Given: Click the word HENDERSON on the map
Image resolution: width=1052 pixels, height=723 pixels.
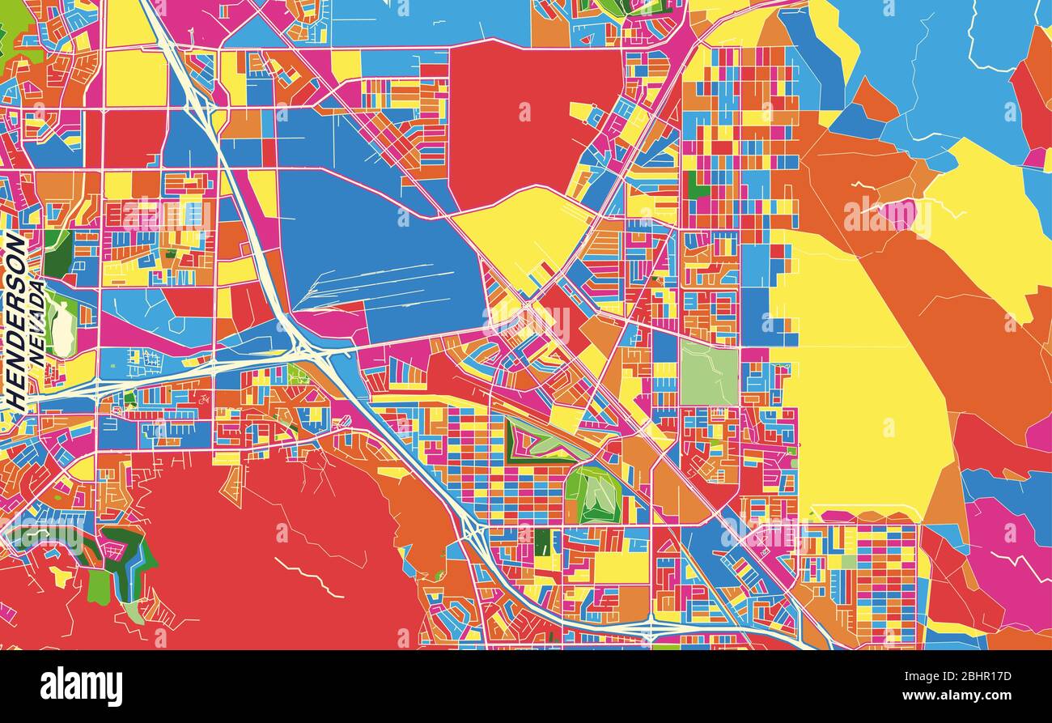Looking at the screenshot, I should [x=15, y=321].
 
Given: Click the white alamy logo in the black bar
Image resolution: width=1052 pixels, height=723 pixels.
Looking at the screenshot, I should [x=81, y=687].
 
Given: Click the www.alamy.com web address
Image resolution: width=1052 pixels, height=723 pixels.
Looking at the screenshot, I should [x=952, y=695].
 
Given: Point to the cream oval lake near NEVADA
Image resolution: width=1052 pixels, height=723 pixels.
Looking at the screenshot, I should [x=60, y=329].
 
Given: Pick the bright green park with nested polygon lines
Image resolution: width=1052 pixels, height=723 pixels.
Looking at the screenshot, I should [x=593, y=494].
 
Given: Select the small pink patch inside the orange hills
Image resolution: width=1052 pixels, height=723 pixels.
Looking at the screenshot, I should [x=898, y=215].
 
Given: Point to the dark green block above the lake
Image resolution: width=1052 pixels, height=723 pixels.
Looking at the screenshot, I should [x=57, y=253].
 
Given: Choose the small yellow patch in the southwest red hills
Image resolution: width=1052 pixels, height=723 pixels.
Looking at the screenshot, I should [x=60, y=577].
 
